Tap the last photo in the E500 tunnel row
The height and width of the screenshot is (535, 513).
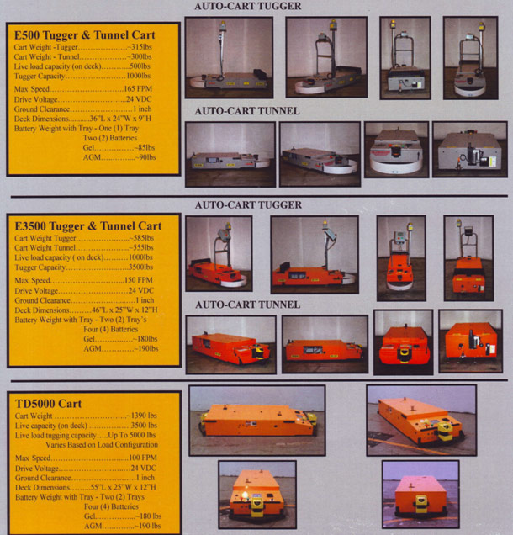[x=469, y=149]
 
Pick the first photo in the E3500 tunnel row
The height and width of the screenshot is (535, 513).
[x=230, y=344]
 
